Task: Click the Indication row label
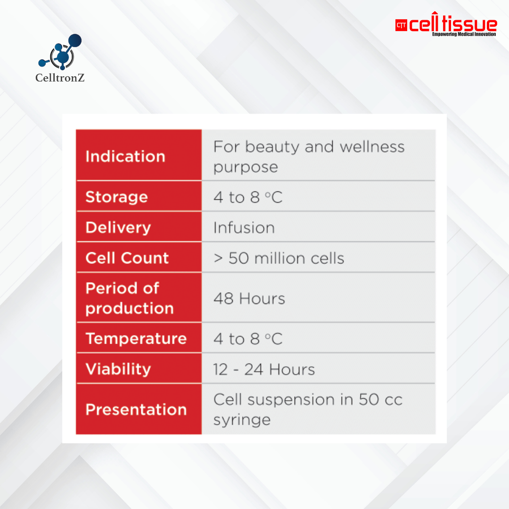[x=125, y=156]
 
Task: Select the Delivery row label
[x=118, y=227]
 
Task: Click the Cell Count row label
[x=127, y=258]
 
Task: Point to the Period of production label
[x=129, y=298]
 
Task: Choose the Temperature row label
[x=136, y=338]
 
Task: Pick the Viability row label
[x=118, y=369]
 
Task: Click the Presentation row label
[x=136, y=409]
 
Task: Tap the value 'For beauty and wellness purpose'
[x=309, y=156]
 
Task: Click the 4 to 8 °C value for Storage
[x=248, y=197]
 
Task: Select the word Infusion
[x=244, y=228]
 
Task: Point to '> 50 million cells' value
[x=279, y=258]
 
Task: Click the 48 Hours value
[x=249, y=298]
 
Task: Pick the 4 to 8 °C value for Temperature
[x=248, y=339]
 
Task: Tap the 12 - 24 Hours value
[x=263, y=369]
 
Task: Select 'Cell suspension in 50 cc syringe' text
[x=308, y=409]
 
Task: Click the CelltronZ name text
[x=60, y=78]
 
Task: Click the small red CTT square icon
[x=401, y=25]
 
